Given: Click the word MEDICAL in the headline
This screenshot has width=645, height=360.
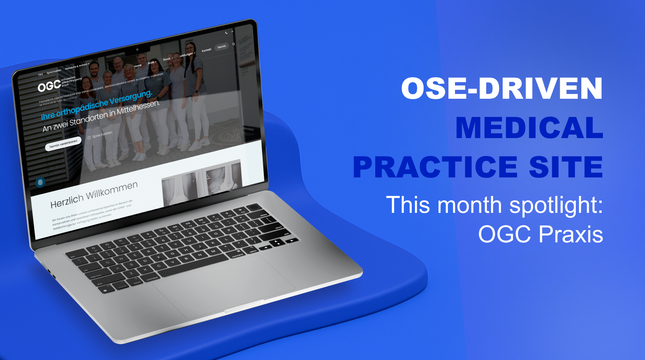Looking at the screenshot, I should [529, 127].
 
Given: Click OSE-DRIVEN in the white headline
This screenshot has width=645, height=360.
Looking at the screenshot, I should [501, 88].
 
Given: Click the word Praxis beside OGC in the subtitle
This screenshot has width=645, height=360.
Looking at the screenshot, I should [571, 234].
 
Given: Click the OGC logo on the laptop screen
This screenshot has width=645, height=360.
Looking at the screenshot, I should [50, 86].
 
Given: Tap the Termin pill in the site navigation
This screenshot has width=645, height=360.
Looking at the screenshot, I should [222, 47].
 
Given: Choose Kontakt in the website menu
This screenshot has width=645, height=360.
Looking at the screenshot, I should [206, 50].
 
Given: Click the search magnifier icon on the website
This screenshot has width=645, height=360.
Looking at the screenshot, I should [234, 44].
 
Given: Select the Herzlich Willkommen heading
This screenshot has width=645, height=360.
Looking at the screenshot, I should [94, 194].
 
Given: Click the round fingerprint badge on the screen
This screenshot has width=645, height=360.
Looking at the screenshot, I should [40, 182].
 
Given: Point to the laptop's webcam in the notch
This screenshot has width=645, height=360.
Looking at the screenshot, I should [137, 50].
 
